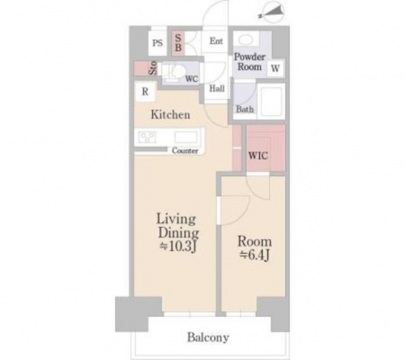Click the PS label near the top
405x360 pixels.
tap(157, 43)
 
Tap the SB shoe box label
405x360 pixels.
tap(178, 43)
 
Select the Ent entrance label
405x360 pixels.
tap(216, 41)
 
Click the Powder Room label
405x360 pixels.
tap(249, 62)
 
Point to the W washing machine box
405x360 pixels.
tap(275, 68)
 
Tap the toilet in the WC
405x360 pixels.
tap(176, 71)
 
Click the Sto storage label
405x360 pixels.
tap(153, 68)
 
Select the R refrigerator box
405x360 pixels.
tap(145, 92)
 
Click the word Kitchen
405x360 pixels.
tap(170, 114)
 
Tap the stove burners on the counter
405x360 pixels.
tap(147, 137)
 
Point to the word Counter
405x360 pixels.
tap(185, 151)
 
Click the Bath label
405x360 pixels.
tap(245, 109)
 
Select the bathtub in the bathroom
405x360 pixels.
tap(271, 101)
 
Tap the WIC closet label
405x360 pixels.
tap(258, 156)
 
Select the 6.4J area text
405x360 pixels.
tap(254, 255)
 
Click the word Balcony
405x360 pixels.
tap(208, 337)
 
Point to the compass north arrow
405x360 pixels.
tap(272, 11)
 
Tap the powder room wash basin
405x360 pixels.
tap(245, 40)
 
